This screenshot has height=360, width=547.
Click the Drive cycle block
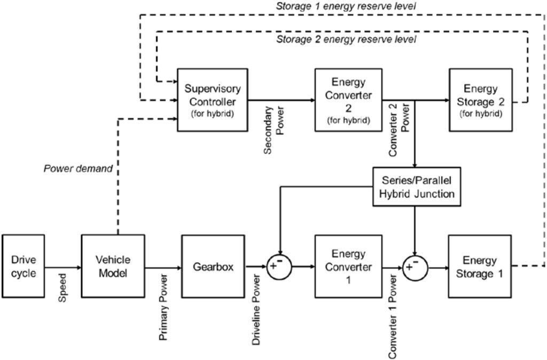23,266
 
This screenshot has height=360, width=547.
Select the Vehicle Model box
113,266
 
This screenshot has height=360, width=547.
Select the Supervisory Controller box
212,100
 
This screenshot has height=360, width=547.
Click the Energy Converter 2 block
348,100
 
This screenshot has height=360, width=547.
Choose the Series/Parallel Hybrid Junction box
416,188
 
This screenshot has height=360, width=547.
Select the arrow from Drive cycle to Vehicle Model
62,266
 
